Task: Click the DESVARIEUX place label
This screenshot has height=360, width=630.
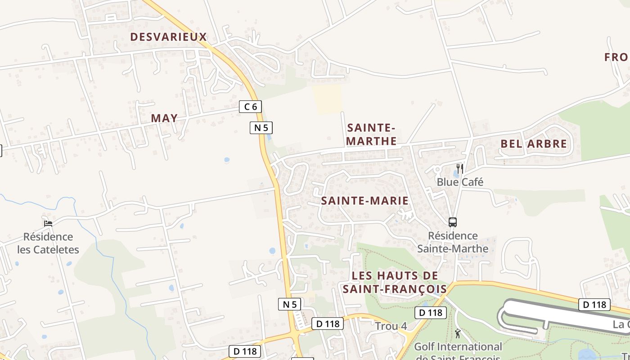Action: pyautogui.click(x=168, y=37)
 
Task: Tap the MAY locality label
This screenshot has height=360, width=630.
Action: pyautogui.click(x=164, y=118)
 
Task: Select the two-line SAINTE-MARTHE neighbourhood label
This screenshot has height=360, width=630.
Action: pyautogui.click(x=372, y=134)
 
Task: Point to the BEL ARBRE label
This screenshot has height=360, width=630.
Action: pyautogui.click(x=534, y=144)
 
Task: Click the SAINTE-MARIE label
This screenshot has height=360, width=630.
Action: pyautogui.click(x=365, y=201)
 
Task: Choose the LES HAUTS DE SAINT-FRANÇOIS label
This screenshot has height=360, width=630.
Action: pyautogui.click(x=395, y=282)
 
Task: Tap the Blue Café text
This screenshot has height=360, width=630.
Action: pyautogui.click(x=460, y=182)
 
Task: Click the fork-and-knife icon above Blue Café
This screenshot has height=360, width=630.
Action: pyautogui.click(x=459, y=169)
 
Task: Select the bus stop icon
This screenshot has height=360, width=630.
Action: pyautogui.click(x=452, y=222)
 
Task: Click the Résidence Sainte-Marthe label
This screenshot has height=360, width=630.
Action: pyautogui.click(x=453, y=242)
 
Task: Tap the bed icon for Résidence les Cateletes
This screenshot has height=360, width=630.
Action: pyautogui.click(x=48, y=223)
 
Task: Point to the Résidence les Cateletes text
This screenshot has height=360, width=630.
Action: pyautogui.click(x=48, y=243)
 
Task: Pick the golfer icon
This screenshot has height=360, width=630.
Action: pyautogui.click(x=458, y=333)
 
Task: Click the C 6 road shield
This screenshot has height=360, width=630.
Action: pyautogui.click(x=250, y=107)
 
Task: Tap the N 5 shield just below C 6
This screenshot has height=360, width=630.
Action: pyautogui.click(x=261, y=128)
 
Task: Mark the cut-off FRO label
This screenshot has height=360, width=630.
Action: pyautogui.click(x=616, y=57)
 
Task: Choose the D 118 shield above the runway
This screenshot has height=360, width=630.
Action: pyautogui.click(x=594, y=305)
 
